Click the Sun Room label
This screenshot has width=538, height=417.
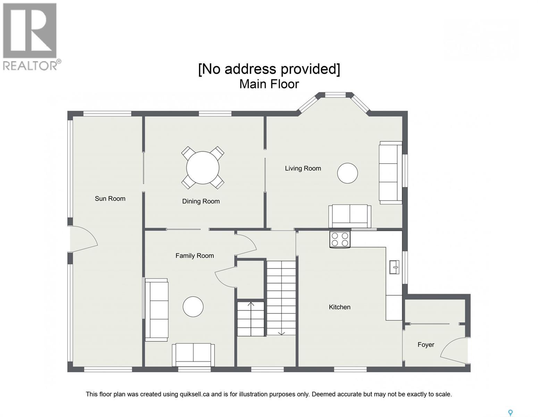click(110, 198)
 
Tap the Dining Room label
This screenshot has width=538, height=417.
click(201, 201)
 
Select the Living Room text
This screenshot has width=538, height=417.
click(303, 169)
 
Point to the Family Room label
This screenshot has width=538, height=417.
click(195, 256)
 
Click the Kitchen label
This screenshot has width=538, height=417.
click(339, 307)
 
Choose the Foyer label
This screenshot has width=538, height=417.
click(426, 345)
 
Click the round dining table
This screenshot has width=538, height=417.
click(202, 168)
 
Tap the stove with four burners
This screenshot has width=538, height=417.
click(340, 239)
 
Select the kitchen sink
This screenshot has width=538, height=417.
click(394, 267)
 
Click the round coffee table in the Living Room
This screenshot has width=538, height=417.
click(347, 173)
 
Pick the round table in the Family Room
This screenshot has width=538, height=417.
click(193, 306)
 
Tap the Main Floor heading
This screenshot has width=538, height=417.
click(269, 84)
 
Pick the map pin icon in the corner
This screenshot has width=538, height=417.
click(510, 406)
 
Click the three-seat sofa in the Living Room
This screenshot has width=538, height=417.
click(390, 173)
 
